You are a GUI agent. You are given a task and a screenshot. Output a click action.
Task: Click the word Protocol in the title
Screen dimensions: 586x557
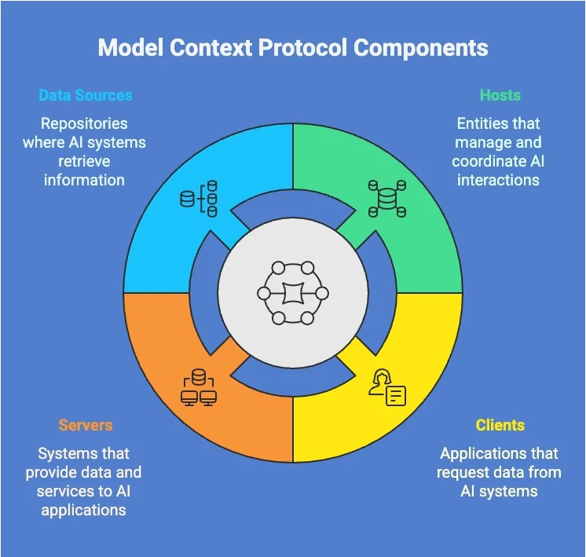pos(303,48)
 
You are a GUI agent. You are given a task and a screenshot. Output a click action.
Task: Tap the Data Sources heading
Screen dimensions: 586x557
pos(86,95)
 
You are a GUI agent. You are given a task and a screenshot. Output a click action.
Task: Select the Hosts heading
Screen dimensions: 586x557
pos(500,95)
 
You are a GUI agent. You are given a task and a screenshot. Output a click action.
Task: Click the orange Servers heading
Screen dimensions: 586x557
pos(86,425)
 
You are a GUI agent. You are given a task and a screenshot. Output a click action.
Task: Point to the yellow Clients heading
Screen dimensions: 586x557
pos(500,425)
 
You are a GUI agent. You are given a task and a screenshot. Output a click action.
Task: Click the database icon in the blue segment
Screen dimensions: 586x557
pos(199,199)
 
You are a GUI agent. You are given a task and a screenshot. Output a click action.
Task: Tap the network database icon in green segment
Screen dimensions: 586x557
pos(387,199)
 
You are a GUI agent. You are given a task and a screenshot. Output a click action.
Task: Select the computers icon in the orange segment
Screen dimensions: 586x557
pos(199,387)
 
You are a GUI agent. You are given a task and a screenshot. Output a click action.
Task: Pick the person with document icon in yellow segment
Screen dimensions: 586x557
pos(387,387)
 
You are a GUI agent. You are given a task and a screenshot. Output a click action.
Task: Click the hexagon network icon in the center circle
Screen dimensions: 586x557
pos(293,293)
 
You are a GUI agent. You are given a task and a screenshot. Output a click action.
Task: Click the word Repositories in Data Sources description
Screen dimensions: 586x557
pos(84,124)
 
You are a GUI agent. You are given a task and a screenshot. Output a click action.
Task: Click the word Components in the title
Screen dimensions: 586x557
pos(420,48)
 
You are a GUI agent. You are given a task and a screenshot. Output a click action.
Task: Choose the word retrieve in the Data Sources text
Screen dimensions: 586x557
pos(84,162)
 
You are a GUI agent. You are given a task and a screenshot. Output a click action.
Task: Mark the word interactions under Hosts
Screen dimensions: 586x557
pos(498,180)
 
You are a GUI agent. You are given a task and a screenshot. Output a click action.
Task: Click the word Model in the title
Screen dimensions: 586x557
pos(131,48)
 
